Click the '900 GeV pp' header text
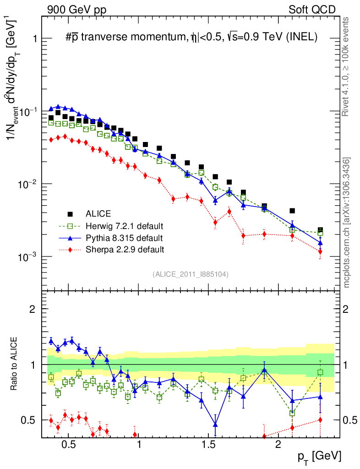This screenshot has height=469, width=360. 76,10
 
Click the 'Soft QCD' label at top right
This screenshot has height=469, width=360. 312,10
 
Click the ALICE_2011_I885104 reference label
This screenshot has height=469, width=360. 191,274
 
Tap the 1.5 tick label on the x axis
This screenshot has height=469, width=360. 208,445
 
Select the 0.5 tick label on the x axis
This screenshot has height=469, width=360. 68,445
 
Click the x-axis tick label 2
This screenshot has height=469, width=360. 278,445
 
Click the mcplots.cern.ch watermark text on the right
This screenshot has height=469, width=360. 347,223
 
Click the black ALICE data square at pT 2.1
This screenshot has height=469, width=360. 292,211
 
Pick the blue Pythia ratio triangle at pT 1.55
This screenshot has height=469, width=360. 215,424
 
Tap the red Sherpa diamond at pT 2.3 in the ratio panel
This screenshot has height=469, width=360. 320,420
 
